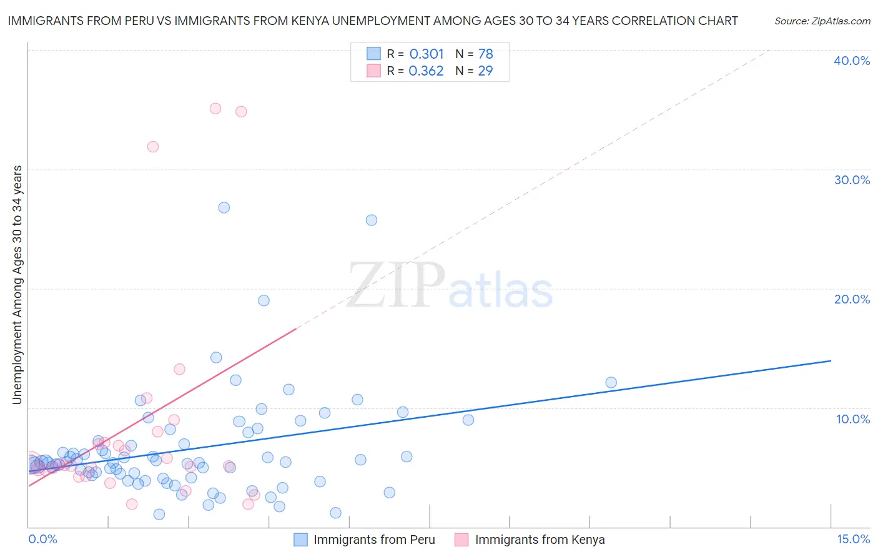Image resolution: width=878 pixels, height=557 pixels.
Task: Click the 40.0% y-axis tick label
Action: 852,61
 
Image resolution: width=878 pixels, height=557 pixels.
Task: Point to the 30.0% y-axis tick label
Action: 852,180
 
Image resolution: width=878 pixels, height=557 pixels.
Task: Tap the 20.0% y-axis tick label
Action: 852,299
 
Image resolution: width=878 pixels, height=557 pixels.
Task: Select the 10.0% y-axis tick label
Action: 852,419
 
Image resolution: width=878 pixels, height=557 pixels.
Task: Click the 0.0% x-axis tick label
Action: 42,539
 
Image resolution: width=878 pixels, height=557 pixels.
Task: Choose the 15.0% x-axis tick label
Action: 853,539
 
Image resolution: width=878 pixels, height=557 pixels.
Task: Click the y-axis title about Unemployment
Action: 17,284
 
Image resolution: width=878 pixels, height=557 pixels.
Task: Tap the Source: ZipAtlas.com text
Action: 822,21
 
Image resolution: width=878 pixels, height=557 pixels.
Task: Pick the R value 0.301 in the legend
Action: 427,54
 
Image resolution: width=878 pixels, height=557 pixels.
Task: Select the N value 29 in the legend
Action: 485,71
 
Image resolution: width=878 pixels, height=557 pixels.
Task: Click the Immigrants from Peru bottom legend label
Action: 374,540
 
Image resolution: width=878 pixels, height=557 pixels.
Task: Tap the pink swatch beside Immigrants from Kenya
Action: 461,540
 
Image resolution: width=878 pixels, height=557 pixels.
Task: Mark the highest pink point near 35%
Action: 215,108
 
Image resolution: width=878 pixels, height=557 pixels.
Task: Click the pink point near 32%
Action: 153,147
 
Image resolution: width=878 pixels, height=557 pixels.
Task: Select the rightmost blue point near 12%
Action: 611,382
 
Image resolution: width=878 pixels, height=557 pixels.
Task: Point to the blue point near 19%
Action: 264,300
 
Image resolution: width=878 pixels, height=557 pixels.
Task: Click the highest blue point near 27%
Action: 224,207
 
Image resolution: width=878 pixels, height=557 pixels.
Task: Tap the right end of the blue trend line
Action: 831,361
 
